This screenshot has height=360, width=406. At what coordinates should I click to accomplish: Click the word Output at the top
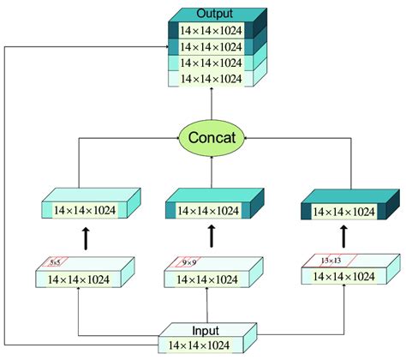pos(213,14)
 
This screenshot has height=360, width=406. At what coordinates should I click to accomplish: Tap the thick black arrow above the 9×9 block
pos(211,235)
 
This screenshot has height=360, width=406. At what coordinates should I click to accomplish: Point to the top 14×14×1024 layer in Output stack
pos(212,31)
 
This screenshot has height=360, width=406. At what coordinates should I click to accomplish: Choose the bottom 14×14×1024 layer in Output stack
pos(212,78)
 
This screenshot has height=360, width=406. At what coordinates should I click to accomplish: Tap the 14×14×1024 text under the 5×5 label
pos(78,279)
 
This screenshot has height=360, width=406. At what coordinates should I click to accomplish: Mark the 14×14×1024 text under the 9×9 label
pos(206,279)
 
